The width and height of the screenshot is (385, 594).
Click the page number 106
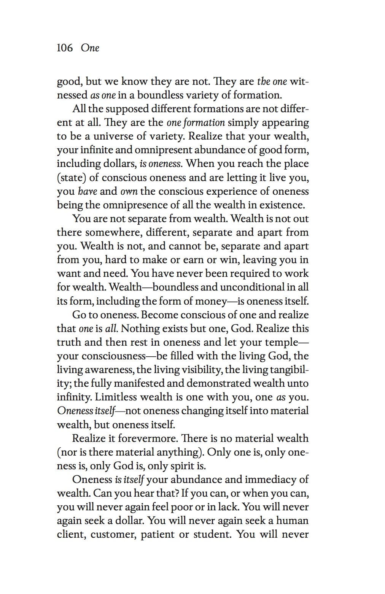point(65,48)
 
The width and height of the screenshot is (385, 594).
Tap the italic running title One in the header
point(90,48)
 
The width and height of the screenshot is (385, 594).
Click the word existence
point(282,205)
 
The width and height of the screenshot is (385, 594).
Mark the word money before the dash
point(211,301)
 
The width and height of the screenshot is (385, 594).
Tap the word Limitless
point(116,397)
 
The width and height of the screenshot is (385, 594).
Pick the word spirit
point(185,466)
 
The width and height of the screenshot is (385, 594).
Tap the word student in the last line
point(212,534)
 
